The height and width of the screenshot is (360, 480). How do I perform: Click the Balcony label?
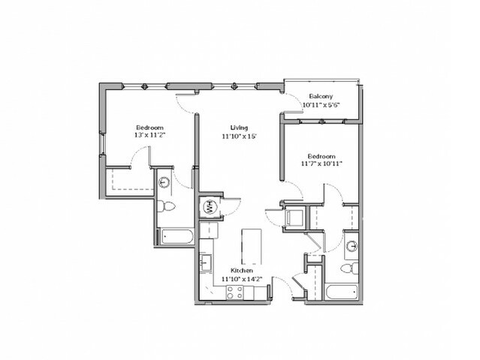[321, 96]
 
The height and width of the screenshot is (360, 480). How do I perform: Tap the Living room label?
[239, 128]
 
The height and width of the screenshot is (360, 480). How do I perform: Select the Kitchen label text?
[242, 271]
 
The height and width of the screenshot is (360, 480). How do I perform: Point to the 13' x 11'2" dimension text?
[149, 135]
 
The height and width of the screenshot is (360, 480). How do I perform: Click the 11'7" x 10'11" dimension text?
[322, 164]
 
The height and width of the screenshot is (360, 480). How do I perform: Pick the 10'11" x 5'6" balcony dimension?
[321, 104]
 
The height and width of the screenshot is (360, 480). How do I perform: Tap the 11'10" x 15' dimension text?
[239, 136]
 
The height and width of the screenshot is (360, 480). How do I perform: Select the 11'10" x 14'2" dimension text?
[242, 279]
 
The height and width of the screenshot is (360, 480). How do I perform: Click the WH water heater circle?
[210, 207]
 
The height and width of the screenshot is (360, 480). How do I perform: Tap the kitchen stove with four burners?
[235, 292]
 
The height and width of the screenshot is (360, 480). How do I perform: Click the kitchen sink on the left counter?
[206, 263]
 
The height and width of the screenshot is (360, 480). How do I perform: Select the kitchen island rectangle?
[252, 247]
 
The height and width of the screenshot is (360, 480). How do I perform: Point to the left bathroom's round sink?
[164, 183]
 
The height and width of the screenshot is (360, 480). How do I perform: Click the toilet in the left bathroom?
[165, 206]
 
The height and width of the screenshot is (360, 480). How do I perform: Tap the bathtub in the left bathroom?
[176, 236]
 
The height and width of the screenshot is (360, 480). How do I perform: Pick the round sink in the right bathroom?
[352, 246]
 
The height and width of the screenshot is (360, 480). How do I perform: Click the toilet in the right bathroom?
[349, 268]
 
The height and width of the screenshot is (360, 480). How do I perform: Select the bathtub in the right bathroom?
[341, 292]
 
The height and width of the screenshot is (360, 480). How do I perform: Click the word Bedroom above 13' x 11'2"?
[149, 128]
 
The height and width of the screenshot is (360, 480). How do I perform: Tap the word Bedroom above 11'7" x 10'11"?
[322, 156]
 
